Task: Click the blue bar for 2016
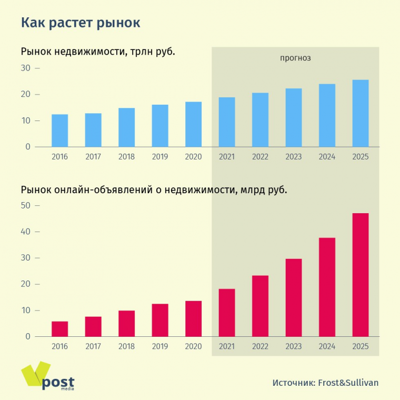pyautogui.click(x=59, y=131)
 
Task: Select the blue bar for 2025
pyautogui.click(x=361, y=113)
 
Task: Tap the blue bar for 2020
pyautogui.click(x=193, y=124)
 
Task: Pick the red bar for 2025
pyautogui.click(x=361, y=275)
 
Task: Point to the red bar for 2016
pyautogui.click(x=59, y=329)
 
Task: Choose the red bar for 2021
pyautogui.click(x=227, y=313)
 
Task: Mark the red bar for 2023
pyautogui.click(x=294, y=297)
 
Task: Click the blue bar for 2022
pyautogui.click(x=260, y=120)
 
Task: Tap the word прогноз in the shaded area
pyautogui.click(x=295, y=58)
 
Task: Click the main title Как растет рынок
pyautogui.click(x=81, y=23)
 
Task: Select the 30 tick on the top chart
pyautogui.click(x=26, y=68)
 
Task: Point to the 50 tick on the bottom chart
pyautogui.click(x=26, y=205)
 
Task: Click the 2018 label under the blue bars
pyautogui.click(x=126, y=157)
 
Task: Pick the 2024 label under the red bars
pyautogui.click(x=327, y=346)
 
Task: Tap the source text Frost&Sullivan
pyautogui.click(x=348, y=383)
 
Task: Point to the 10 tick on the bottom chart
pyautogui.click(x=26, y=311)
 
